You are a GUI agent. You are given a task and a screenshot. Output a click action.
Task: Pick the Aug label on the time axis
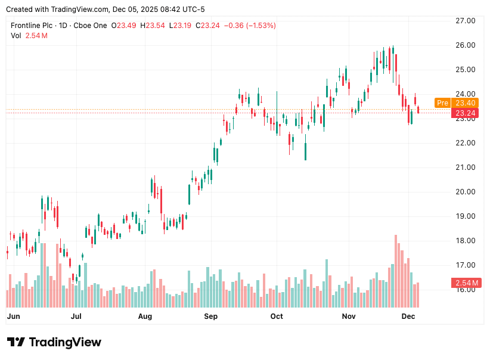click(x=145, y=316)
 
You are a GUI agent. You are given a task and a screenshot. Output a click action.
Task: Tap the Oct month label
click(x=276, y=316)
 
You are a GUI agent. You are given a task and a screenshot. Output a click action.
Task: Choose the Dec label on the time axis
click(x=408, y=316)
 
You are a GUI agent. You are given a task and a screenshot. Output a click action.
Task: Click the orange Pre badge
click(x=442, y=103)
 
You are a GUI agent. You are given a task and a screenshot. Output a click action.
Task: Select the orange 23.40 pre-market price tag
click(x=466, y=103)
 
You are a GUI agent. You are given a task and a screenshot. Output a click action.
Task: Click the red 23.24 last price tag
click(x=466, y=113)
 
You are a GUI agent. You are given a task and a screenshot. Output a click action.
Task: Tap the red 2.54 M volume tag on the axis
click(x=466, y=283)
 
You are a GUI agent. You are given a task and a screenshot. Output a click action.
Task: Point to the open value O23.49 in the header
click(x=123, y=26)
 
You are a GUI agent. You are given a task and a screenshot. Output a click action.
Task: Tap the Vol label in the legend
click(x=16, y=36)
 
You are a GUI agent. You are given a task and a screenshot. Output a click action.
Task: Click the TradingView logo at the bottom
click(x=54, y=342)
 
